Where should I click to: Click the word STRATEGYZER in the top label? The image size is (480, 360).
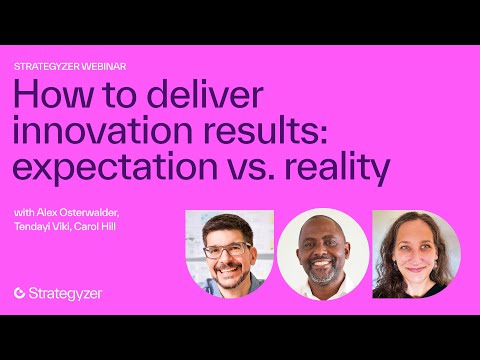pos(48,66)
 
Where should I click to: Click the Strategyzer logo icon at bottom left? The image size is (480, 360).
pos(20,293)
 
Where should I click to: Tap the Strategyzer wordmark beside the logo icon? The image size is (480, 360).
pos(66,293)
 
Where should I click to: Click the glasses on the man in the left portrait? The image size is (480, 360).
pos(228,249)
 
